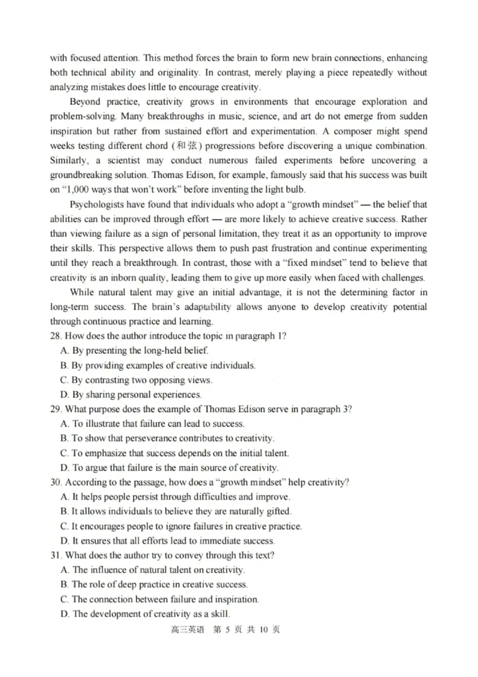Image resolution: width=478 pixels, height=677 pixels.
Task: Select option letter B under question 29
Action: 64,438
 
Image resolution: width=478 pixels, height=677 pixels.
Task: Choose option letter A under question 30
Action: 64,497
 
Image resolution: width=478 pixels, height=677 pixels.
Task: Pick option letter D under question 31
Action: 64,614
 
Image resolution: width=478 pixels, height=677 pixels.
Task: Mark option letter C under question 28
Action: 64,380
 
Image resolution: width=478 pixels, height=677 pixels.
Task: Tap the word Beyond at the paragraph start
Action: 85,102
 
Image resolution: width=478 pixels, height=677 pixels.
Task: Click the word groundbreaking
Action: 82,175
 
